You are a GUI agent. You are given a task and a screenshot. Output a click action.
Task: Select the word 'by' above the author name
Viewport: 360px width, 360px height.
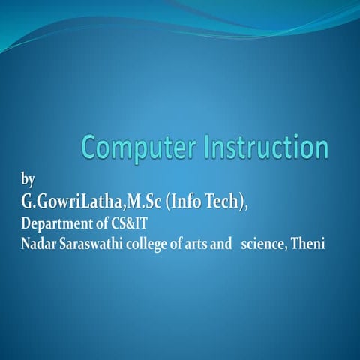click(x=28, y=180)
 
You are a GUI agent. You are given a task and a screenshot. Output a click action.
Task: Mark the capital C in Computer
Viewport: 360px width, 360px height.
click(x=90, y=148)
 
